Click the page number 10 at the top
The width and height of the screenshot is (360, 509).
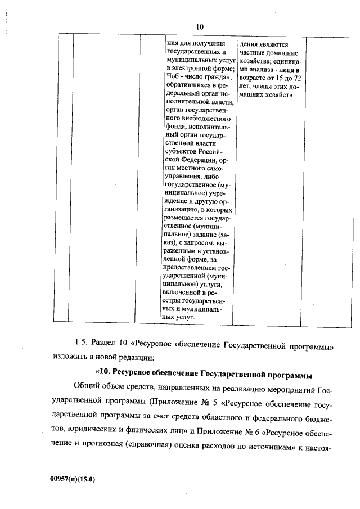pyautogui.click(x=200, y=26)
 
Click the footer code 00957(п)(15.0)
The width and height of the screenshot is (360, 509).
pyautogui.click(x=73, y=480)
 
